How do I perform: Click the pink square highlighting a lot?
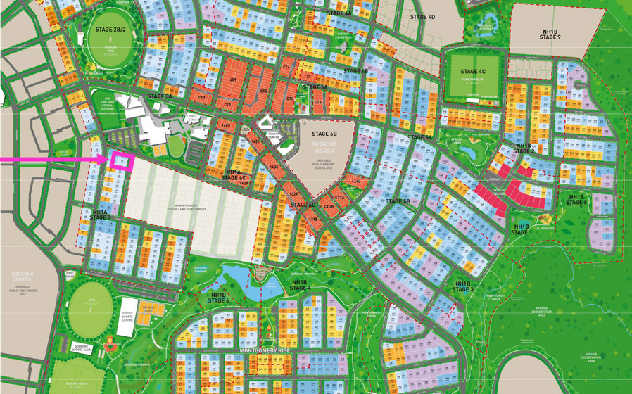coord(122,161)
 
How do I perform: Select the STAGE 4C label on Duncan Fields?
coord(473,72)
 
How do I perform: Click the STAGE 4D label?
coord(422,17)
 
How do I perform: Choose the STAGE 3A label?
coord(159,95)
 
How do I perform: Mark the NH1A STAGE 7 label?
coord(101,215)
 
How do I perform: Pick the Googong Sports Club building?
coord(82,348)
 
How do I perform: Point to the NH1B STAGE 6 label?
coord(218,298)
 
